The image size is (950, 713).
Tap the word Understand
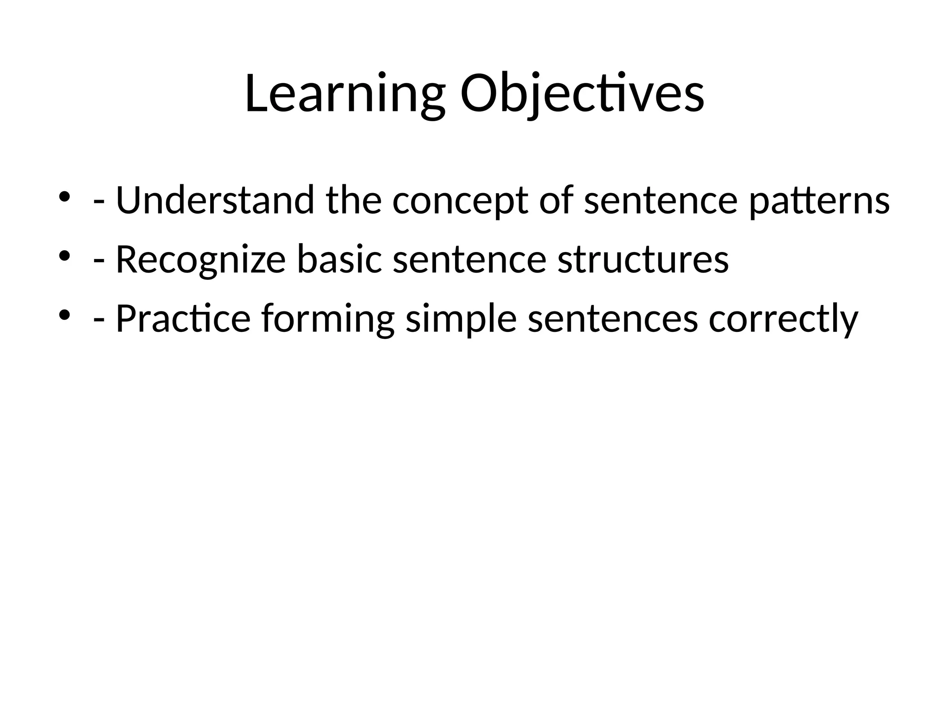coord(215,201)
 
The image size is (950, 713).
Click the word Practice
coord(183,319)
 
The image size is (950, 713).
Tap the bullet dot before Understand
coord(64,196)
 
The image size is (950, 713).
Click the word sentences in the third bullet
coord(612,319)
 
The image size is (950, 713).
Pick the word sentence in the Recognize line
coord(469,260)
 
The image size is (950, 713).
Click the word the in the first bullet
coord(353,201)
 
